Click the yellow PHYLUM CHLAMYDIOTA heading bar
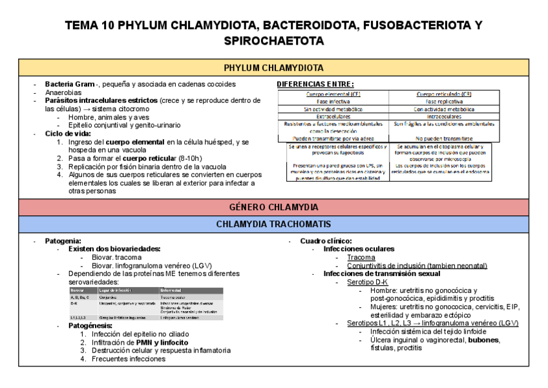(273, 68)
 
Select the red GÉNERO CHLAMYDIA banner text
(273, 207)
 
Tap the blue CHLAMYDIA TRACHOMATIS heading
(273, 224)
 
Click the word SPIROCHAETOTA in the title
(273, 41)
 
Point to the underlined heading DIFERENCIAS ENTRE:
(315, 85)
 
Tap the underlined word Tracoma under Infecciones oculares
(361, 257)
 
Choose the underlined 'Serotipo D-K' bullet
(367, 283)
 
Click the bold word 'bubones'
(483, 339)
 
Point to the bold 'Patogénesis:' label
(90, 325)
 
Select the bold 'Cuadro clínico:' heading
(326, 241)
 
